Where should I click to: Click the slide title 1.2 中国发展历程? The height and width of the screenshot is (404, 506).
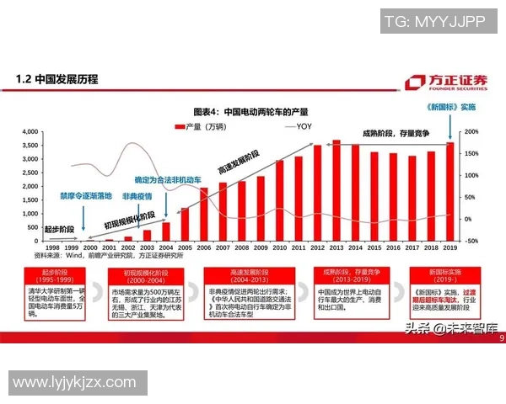point(57,79)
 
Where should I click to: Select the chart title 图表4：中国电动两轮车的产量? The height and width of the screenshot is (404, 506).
point(250,111)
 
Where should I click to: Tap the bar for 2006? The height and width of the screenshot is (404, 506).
point(204,214)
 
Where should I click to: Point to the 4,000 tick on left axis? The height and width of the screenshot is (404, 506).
point(29,132)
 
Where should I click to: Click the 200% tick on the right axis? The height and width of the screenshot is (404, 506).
point(471,132)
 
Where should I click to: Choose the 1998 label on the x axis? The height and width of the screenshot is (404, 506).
point(53,248)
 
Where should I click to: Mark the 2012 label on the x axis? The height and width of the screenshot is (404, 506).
point(317,248)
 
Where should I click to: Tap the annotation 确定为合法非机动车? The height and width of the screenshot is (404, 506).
point(168,180)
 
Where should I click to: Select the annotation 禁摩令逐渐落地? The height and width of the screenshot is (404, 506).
point(85,195)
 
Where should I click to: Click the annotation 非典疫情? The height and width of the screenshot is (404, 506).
point(137,196)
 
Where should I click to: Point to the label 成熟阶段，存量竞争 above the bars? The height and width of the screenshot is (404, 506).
point(396,133)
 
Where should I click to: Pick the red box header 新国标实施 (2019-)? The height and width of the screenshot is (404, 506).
point(438,276)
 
